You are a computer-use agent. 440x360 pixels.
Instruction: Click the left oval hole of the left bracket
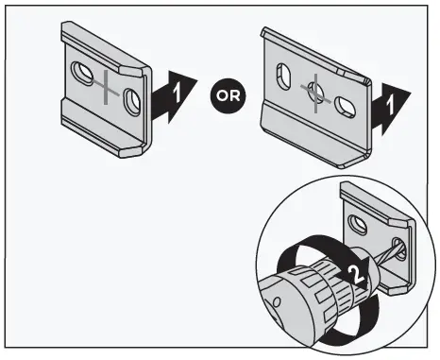81,73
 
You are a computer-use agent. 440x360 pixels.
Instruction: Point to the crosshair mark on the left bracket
107,87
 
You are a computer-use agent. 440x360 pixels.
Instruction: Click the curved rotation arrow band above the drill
312,248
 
